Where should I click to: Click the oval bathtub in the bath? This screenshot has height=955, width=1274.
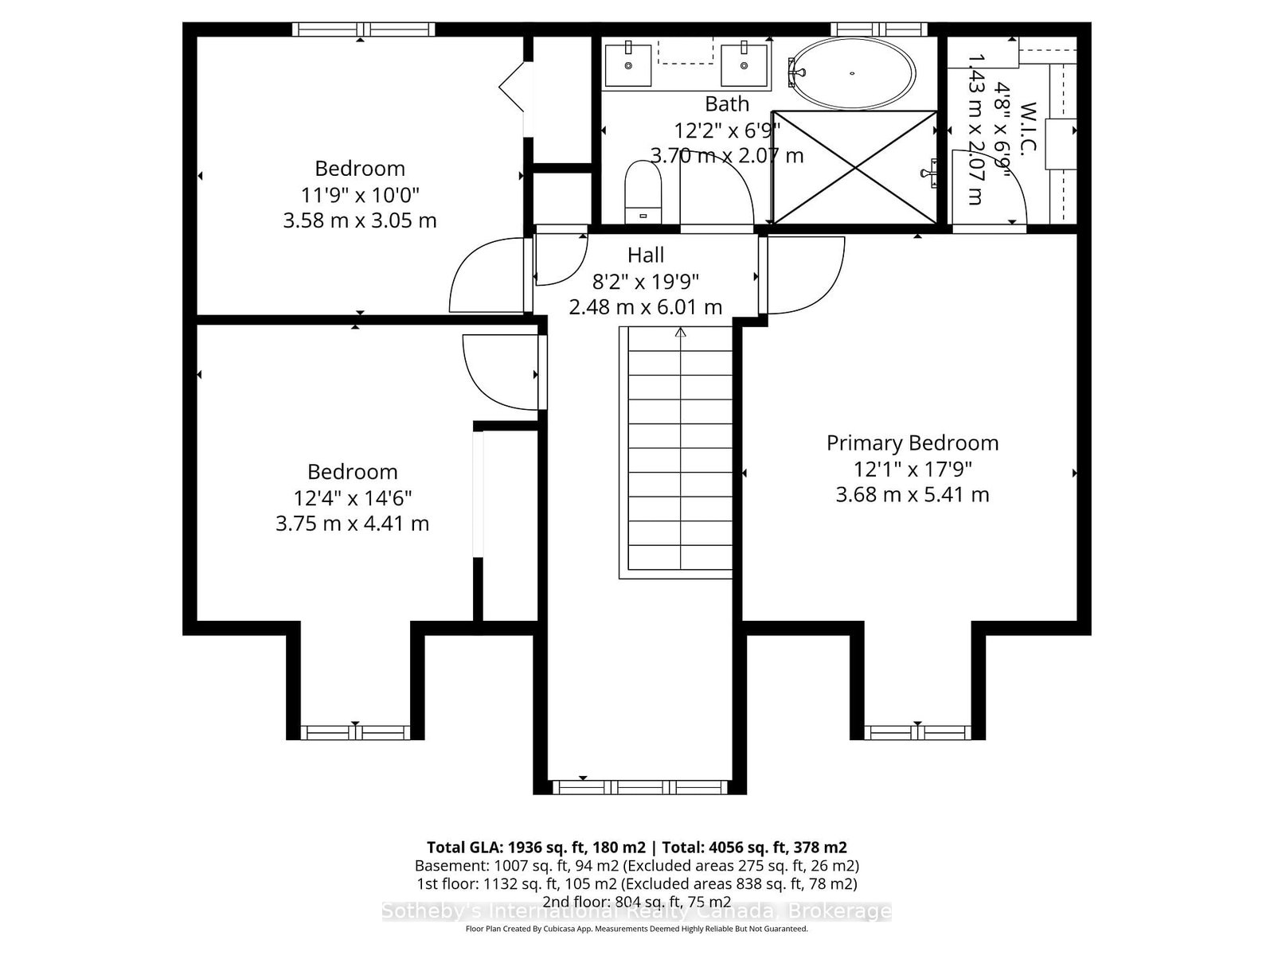pos(851,73)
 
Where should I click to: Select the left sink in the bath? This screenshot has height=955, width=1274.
pos(628,64)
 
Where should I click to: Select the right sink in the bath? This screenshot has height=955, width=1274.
pos(745,64)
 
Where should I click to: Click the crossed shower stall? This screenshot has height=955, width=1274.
pos(855,167)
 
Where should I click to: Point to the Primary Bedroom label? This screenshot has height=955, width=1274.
pos(913,443)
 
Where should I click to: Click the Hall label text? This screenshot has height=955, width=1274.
pos(646,255)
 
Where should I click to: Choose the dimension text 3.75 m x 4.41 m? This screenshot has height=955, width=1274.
pos(352,524)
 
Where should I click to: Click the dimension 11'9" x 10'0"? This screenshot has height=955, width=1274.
pos(360,194)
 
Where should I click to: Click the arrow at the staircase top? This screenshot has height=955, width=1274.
pos(680,332)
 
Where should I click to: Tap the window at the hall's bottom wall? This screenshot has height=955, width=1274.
pos(641,788)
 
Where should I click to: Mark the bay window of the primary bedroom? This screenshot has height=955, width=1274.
pos(917,731)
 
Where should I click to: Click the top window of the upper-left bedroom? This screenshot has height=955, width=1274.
pos(363,30)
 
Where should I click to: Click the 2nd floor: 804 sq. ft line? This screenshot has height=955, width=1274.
pos(636,902)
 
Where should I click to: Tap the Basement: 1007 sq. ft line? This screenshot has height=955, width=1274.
pos(636,865)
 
